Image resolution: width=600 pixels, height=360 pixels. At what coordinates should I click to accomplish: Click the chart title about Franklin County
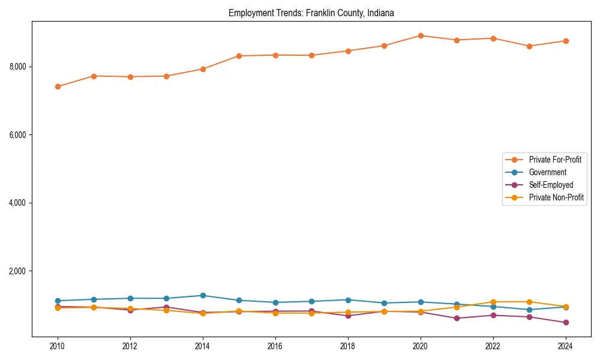click(311, 13)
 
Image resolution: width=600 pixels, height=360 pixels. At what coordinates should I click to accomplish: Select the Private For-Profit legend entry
click(551, 160)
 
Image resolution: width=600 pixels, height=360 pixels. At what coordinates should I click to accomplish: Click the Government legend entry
click(547, 172)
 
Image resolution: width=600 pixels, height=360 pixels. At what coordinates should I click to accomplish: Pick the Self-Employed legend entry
click(551, 185)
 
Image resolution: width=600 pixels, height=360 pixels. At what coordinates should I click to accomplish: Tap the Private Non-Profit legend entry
click(556, 197)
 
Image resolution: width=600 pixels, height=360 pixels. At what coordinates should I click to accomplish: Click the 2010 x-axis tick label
click(58, 346)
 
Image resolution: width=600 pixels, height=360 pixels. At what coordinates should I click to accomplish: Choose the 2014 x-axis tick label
click(203, 346)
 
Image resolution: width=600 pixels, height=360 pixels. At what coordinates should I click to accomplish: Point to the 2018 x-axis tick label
click(347, 346)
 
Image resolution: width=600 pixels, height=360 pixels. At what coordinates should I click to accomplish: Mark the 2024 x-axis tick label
click(565, 346)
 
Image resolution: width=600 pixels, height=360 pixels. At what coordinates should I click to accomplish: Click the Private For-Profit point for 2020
click(420, 35)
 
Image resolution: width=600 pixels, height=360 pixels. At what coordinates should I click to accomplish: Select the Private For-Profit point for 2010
click(58, 86)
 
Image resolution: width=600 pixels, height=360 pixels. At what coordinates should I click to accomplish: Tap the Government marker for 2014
click(203, 295)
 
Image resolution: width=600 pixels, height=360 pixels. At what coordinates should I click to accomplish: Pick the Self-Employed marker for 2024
click(565, 323)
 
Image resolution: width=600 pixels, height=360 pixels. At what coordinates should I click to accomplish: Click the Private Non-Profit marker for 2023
click(529, 302)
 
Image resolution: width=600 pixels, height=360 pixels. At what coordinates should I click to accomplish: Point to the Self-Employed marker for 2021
click(456, 318)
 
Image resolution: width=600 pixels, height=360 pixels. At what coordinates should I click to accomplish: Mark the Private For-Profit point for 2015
click(239, 56)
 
